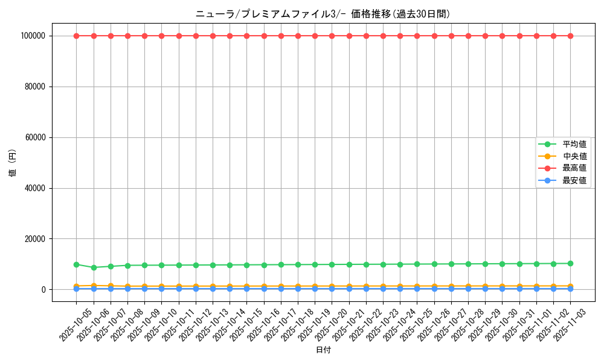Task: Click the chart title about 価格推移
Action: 323,14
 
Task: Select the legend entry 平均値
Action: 574,144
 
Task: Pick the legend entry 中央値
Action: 574,156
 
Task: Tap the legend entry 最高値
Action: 574,168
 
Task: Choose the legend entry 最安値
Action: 574,180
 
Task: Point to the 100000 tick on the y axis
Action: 33,36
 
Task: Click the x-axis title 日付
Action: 323,350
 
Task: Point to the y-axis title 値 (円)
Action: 13,163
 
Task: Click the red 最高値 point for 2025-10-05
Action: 76,36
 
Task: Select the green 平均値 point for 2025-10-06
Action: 94,267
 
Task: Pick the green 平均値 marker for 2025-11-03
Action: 570,263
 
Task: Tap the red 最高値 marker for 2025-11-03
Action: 570,36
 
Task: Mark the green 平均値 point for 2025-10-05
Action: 76,264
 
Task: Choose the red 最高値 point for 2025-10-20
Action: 332,36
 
